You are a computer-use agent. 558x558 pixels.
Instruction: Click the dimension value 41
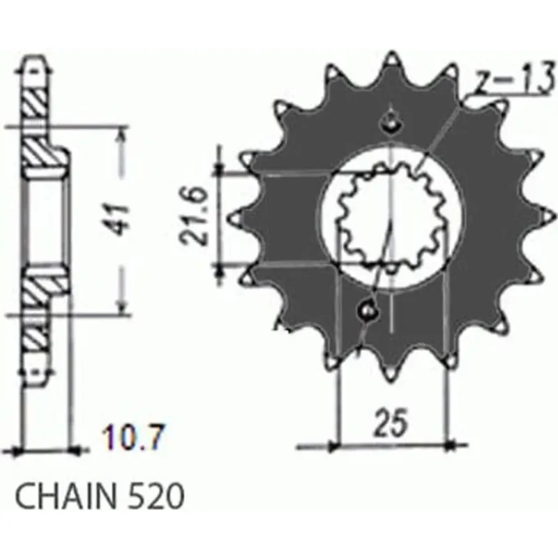pyautogui.click(x=119, y=220)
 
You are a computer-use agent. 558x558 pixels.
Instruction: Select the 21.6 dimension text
pyautogui.click(x=195, y=217)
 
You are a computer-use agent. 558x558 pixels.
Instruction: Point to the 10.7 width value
pyautogui.click(x=133, y=437)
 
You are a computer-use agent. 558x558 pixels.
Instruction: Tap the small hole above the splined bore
pyautogui.click(x=391, y=123)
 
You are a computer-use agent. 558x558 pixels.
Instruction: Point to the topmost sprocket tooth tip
pyautogui.click(x=391, y=54)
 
